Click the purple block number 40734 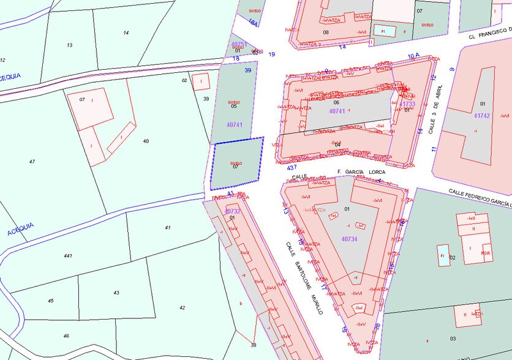click(x=349, y=239)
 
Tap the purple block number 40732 click(x=233, y=211)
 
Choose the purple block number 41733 click(x=407, y=104)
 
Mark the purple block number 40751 click(x=238, y=44)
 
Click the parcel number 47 click(x=32, y=161)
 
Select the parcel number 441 click(x=67, y=255)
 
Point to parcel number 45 click(x=51, y=301)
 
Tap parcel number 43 click(x=116, y=293)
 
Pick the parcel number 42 click(x=182, y=307)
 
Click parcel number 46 click(x=66, y=336)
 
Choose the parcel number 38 click(x=253, y=345)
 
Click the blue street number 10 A click(x=413, y=56)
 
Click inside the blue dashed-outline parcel click(x=236, y=162)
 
